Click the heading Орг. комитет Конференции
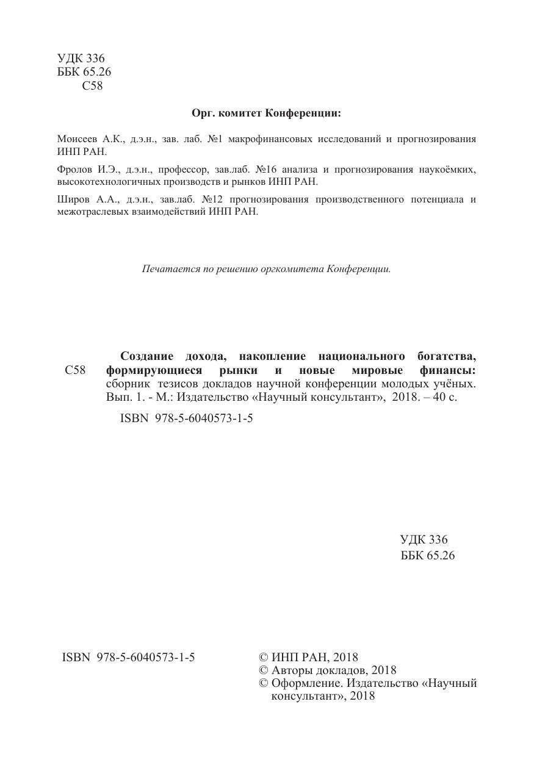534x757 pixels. tap(267, 113)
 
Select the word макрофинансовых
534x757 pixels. tap(266, 139)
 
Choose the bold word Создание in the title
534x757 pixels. tap(147, 356)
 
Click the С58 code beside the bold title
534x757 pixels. tap(74, 370)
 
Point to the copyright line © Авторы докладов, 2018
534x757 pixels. tap(328, 670)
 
